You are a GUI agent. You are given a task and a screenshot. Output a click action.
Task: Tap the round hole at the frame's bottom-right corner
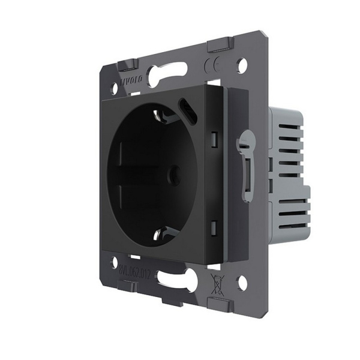pos(242,280)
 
